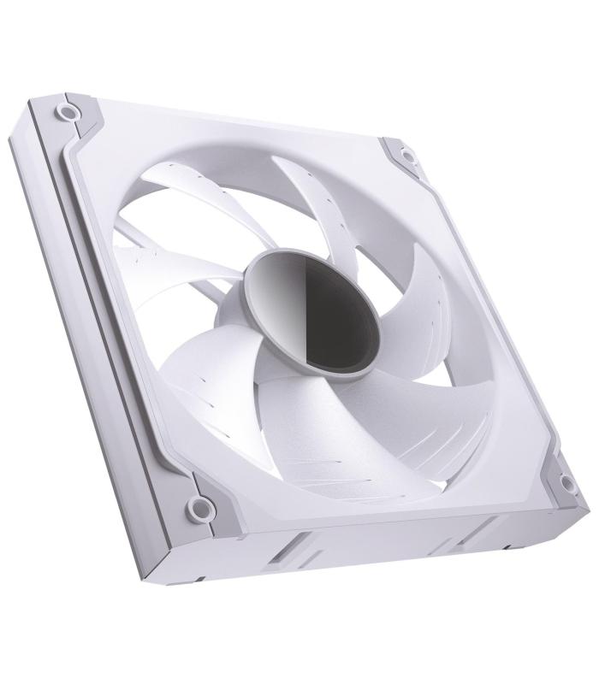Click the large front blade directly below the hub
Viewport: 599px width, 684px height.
(x=282, y=410)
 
